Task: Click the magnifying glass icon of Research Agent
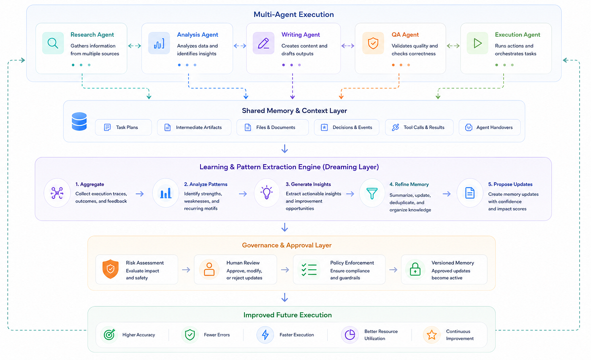point(53,43)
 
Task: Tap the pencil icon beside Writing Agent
point(263,43)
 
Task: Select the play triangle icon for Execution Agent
point(477,43)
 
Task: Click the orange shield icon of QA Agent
point(373,43)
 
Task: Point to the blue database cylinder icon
point(79,121)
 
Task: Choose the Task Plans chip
point(123,127)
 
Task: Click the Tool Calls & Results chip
point(419,127)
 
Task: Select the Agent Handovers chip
point(489,127)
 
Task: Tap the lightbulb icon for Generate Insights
point(266,192)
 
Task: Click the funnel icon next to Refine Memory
point(372,193)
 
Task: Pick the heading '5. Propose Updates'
point(510,184)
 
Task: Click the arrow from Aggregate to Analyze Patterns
point(140,194)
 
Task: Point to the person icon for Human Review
point(209,269)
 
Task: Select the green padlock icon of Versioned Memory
point(415,269)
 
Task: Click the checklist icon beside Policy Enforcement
point(309,270)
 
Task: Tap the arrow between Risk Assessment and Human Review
point(186,270)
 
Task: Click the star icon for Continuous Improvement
point(431,335)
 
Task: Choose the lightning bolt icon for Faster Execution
point(265,335)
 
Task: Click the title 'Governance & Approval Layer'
point(287,245)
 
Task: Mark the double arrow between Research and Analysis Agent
point(134,46)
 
